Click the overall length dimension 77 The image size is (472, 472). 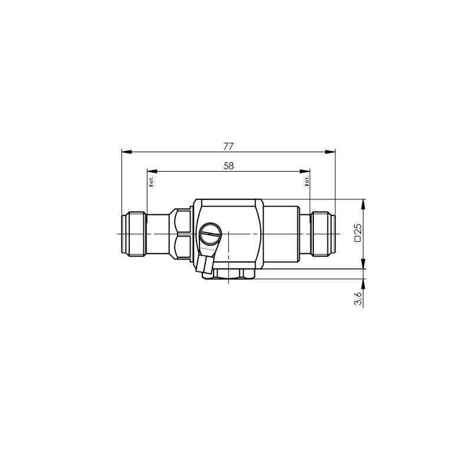point(228,146)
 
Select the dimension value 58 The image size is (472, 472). point(229,166)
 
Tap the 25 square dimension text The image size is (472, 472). point(358,230)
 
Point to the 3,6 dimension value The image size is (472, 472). point(358,298)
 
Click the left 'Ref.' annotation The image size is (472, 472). point(152,182)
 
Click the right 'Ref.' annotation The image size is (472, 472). point(307,181)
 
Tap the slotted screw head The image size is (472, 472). point(211,234)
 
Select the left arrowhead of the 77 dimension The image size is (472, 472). point(126,152)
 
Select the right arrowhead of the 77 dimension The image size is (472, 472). point(330,152)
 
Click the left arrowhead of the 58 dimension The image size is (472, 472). point(152,172)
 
